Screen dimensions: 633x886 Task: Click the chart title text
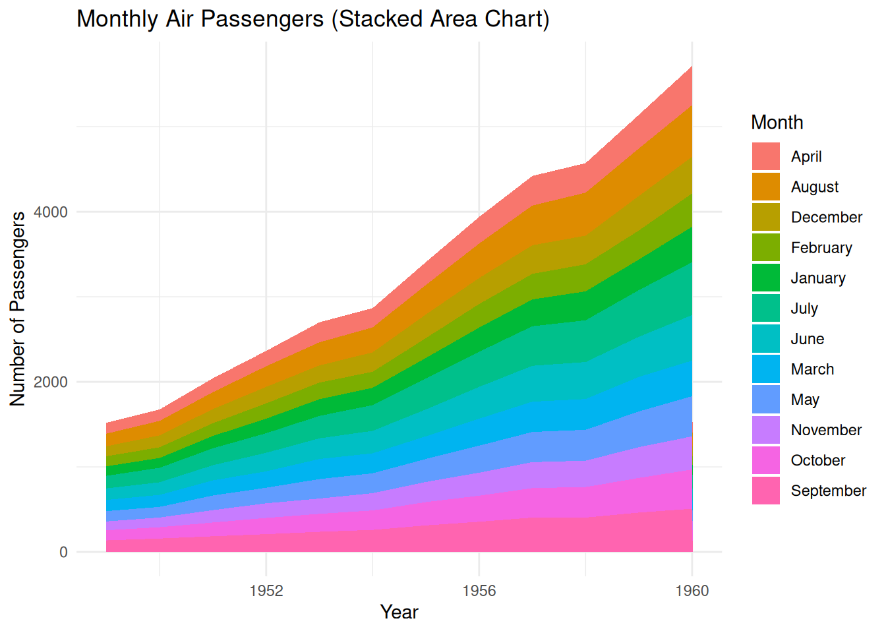click(x=312, y=19)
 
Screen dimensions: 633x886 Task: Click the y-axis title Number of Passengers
click(x=18, y=309)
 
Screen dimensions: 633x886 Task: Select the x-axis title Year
click(x=399, y=612)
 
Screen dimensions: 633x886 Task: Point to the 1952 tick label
click(x=266, y=591)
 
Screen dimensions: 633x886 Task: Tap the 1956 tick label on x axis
click(x=479, y=591)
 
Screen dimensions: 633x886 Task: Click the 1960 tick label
click(x=692, y=591)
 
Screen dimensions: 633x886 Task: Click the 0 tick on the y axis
click(x=63, y=553)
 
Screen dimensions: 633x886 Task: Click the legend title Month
click(x=777, y=123)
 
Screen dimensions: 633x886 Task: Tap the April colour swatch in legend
click(x=766, y=156)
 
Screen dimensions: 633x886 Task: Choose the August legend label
click(x=814, y=187)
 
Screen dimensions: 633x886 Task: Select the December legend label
click(x=826, y=218)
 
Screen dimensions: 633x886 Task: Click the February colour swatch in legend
click(x=766, y=248)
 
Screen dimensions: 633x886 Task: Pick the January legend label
click(x=817, y=278)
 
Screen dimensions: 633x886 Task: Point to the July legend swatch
click(x=766, y=309)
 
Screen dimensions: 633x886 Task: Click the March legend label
click(x=812, y=369)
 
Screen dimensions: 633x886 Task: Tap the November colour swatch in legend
click(x=766, y=430)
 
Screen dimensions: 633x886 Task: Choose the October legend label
click(x=817, y=460)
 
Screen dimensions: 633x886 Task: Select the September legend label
click(x=828, y=491)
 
